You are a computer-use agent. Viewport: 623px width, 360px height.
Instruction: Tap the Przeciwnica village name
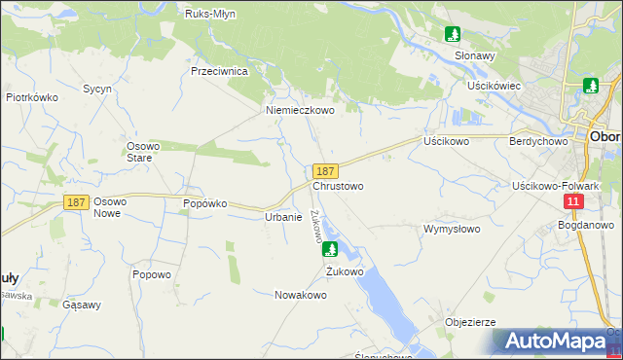click(221, 72)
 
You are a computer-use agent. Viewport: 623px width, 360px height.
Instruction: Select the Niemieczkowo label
click(301, 111)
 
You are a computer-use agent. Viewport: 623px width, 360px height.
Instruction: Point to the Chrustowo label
click(338, 185)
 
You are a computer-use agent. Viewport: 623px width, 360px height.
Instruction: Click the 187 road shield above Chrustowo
click(326, 170)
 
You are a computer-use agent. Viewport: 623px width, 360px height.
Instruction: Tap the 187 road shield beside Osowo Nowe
click(77, 202)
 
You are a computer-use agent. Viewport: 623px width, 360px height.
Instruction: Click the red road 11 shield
click(573, 201)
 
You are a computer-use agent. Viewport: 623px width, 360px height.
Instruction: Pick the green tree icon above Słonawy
click(453, 35)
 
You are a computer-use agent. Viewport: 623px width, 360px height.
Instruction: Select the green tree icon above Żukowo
click(330, 249)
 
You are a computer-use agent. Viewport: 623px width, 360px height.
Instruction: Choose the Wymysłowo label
click(452, 230)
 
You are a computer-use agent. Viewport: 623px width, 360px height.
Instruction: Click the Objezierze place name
click(470, 322)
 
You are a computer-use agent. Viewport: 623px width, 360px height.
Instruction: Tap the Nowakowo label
click(300, 295)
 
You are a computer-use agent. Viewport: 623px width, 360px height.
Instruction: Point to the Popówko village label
click(205, 204)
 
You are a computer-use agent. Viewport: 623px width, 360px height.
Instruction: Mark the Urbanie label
click(282, 217)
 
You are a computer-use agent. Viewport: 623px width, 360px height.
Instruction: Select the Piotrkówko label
click(33, 98)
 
